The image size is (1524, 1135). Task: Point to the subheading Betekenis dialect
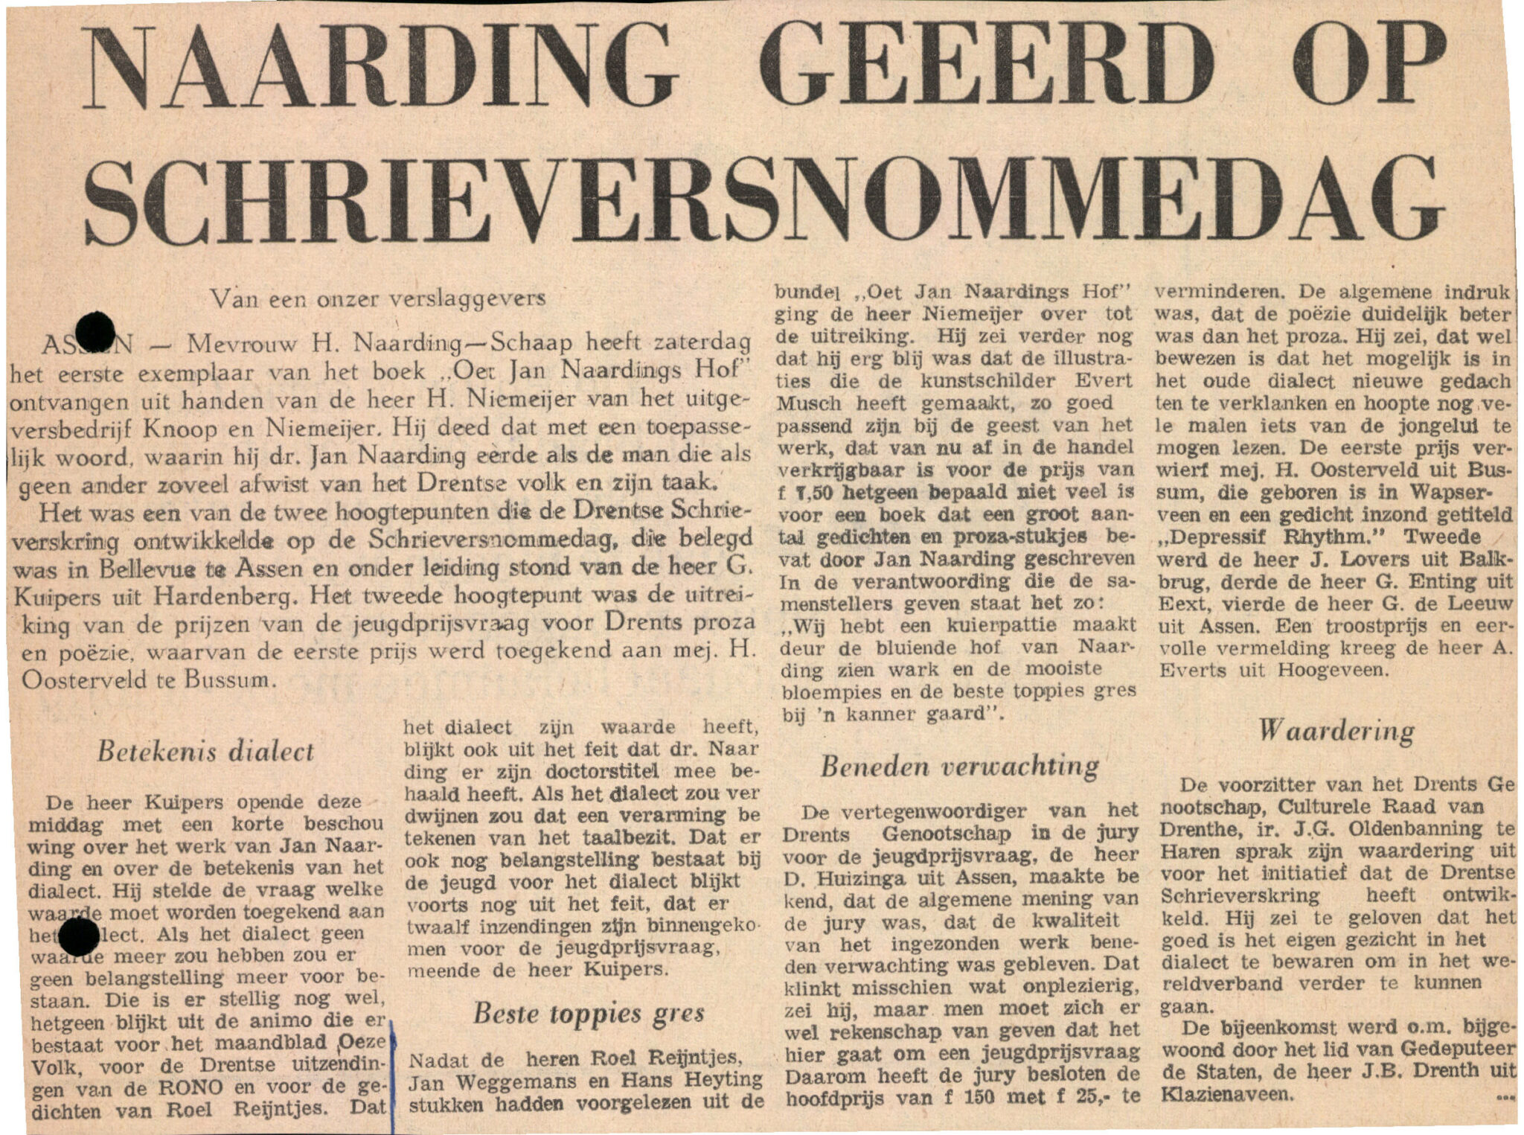(x=206, y=752)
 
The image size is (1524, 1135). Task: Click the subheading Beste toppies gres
(x=589, y=1013)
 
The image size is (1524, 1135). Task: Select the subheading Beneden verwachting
(x=959, y=767)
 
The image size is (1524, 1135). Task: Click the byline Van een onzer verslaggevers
(x=378, y=299)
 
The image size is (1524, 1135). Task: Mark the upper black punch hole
(x=94, y=331)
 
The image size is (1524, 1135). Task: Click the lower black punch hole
(x=77, y=937)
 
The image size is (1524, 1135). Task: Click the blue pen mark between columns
(x=392, y=1072)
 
